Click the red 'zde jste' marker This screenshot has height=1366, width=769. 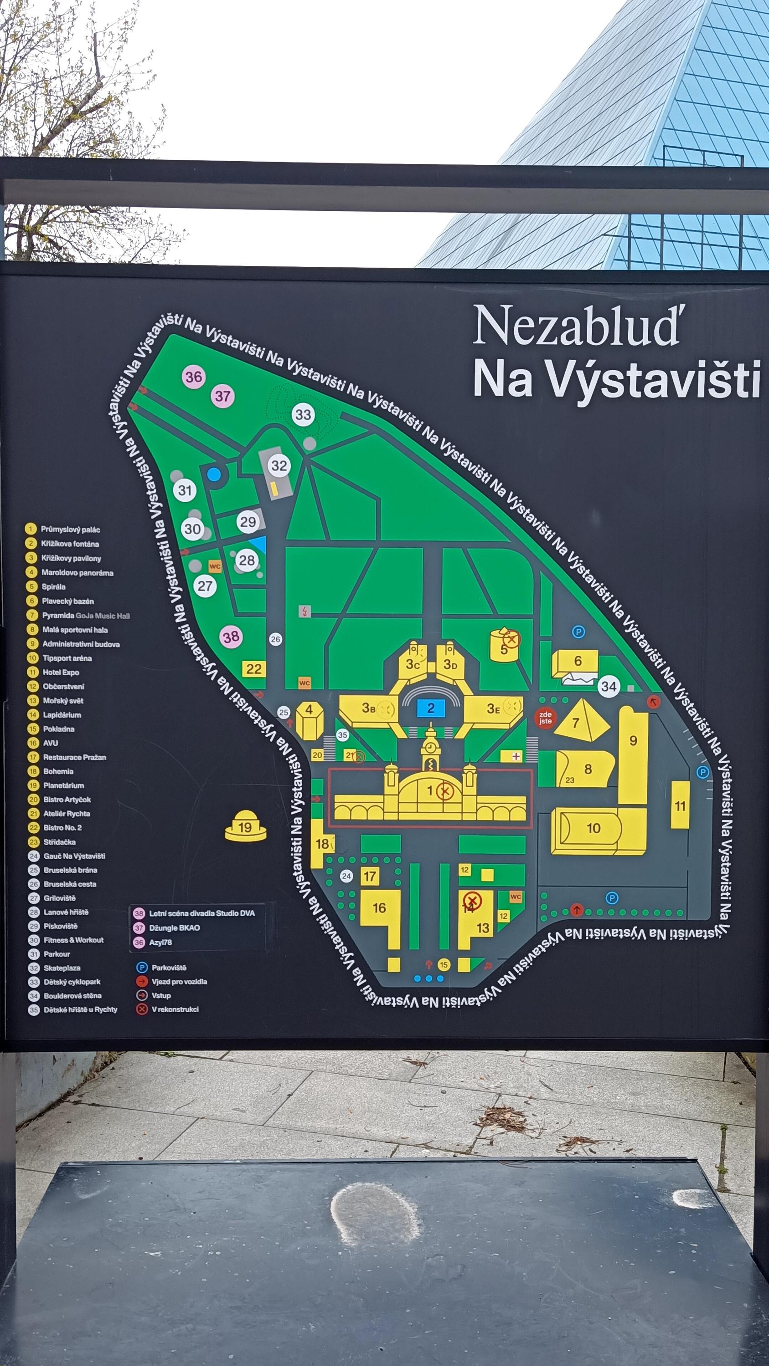click(545, 718)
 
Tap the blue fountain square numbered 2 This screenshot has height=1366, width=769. click(430, 708)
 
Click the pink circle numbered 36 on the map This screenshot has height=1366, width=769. click(194, 377)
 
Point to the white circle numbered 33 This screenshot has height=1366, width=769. click(303, 414)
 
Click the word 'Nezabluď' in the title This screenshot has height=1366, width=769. click(576, 325)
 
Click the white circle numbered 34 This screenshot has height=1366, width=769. click(609, 687)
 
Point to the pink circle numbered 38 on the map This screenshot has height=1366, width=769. click(232, 637)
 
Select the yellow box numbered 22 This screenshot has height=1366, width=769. click(254, 669)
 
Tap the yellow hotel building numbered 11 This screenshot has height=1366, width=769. click(680, 805)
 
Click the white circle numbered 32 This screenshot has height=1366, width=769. click(279, 466)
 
